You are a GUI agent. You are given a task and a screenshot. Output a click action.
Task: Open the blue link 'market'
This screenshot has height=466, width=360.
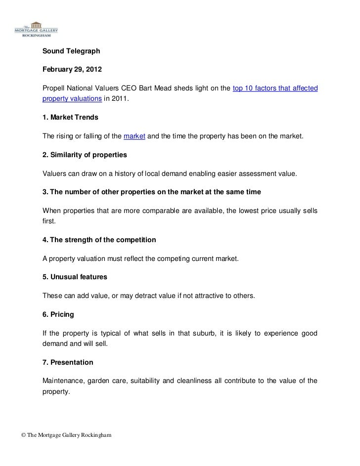pos(134,136)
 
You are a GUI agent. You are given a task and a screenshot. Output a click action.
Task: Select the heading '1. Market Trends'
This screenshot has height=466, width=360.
pos(70,118)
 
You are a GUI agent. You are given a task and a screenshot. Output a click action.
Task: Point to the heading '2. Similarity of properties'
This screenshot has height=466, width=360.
pos(85,155)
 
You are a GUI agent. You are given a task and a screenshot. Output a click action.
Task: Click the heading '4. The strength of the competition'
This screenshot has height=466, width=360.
pos(99,240)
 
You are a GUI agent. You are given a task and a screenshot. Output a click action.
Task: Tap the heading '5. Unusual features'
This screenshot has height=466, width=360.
pos(75,277)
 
